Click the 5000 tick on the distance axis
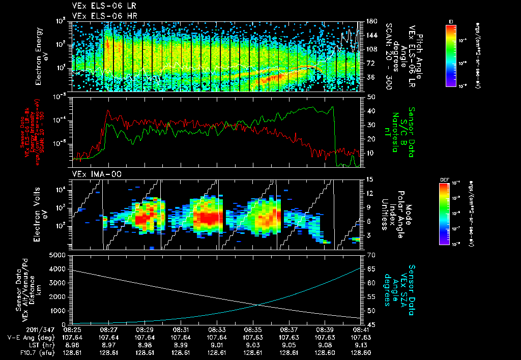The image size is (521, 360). coord(59,255)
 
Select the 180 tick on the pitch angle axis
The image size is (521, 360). coord(371,21)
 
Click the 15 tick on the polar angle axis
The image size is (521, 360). coord(370,179)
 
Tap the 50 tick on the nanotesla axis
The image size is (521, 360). coord(370,97)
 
